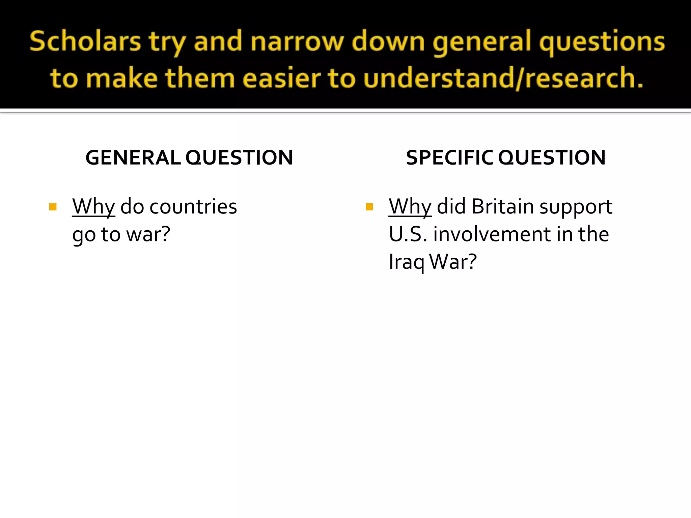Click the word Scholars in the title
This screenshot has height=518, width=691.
[85, 41]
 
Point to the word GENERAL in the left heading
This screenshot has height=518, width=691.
[133, 157]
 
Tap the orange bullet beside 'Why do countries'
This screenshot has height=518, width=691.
[53, 207]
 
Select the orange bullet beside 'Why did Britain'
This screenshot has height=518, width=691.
[369, 207]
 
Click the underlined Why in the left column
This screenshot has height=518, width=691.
[93, 207]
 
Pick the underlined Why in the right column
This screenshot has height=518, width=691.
[410, 207]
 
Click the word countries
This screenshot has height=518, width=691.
[193, 207]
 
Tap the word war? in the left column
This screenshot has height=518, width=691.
[148, 234]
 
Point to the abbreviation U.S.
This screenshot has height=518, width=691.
[408, 234]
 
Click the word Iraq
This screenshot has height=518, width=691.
[406, 262]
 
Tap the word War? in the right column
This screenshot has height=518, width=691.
[453, 262]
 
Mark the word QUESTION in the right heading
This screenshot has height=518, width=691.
[552, 157]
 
